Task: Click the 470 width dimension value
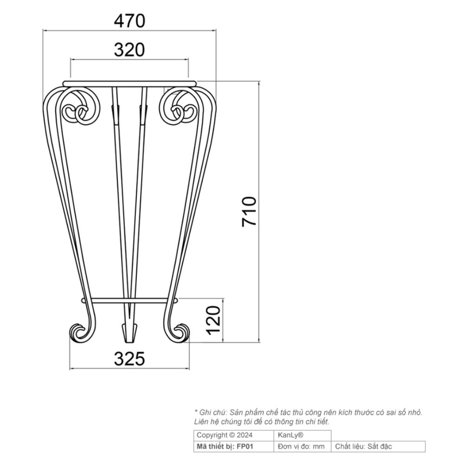coord(129,20)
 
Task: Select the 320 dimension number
coord(129,49)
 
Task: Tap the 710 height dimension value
coord(250,211)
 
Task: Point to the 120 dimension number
coord(213,320)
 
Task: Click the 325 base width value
coord(129,358)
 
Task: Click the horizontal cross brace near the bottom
coord(129,301)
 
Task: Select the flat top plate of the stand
coord(129,84)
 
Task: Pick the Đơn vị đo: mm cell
coord(302,447)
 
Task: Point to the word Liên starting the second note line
coord(201,422)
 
